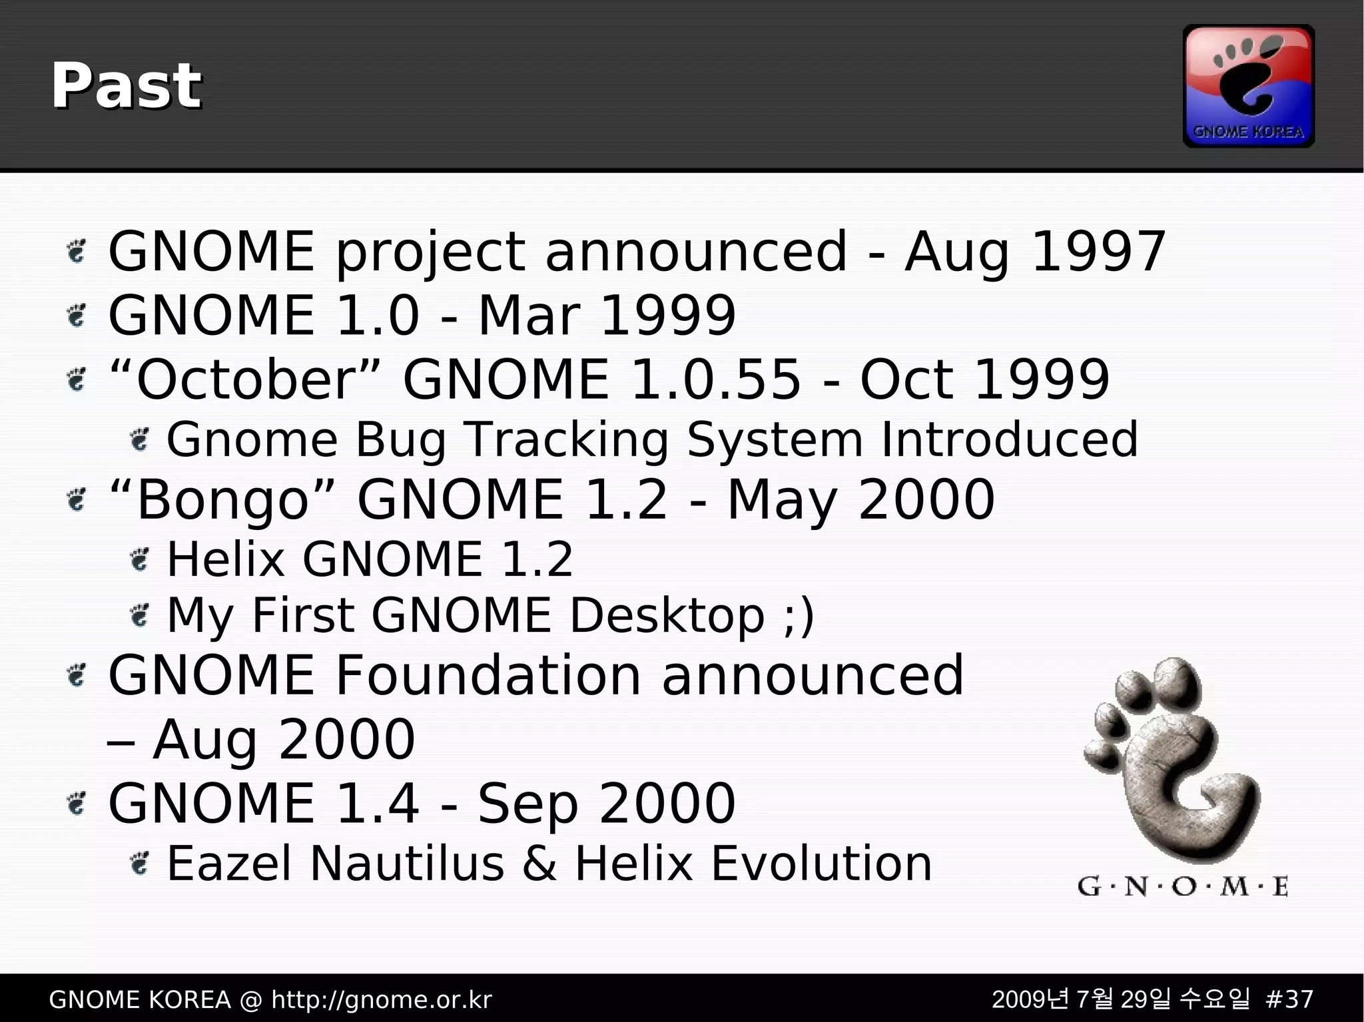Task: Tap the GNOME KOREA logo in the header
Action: coord(1248,86)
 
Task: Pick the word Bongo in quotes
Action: coord(222,500)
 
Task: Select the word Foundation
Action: coord(488,676)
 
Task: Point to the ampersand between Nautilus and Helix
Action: coord(539,864)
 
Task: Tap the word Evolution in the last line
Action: coord(821,864)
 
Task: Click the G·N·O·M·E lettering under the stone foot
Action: coord(1182,887)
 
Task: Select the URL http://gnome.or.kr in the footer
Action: coord(381,999)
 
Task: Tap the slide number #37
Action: coord(1288,999)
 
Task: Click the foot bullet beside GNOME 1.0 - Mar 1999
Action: coord(77,316)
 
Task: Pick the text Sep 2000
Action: coord(606,804)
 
